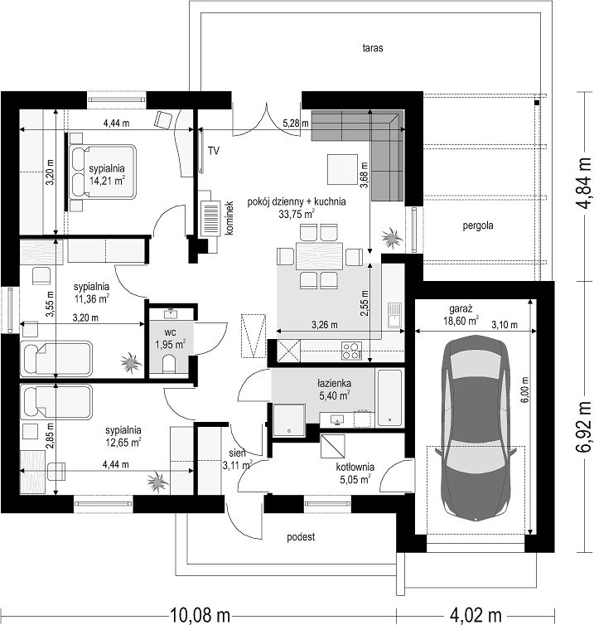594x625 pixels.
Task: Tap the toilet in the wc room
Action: click(x=169, y=364)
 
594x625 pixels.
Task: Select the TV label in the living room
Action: click(x=214, y=151)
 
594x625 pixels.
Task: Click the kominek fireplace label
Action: click(x=229, y=218)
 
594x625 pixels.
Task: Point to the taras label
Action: click(x=373, y=48)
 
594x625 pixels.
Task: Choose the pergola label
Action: click(x=478, y=225)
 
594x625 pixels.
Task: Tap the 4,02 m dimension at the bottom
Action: click(x=476, y=614)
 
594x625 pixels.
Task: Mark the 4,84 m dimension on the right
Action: click(x=584, y=184)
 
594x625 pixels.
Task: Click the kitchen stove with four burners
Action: click(x=351, y=351)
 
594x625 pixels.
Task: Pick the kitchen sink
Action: click(x=394, y=315)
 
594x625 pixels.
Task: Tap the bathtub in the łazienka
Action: click(x=389, y=397)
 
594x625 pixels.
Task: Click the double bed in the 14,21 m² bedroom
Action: click(x=103, y=172)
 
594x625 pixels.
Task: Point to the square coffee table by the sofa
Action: click(x=342, y=169)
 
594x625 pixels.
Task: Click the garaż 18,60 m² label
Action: click(x=461, y=314)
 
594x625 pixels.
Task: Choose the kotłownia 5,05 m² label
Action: click(x=355, y=473)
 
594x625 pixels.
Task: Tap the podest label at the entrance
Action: click(x=301, y=537)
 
